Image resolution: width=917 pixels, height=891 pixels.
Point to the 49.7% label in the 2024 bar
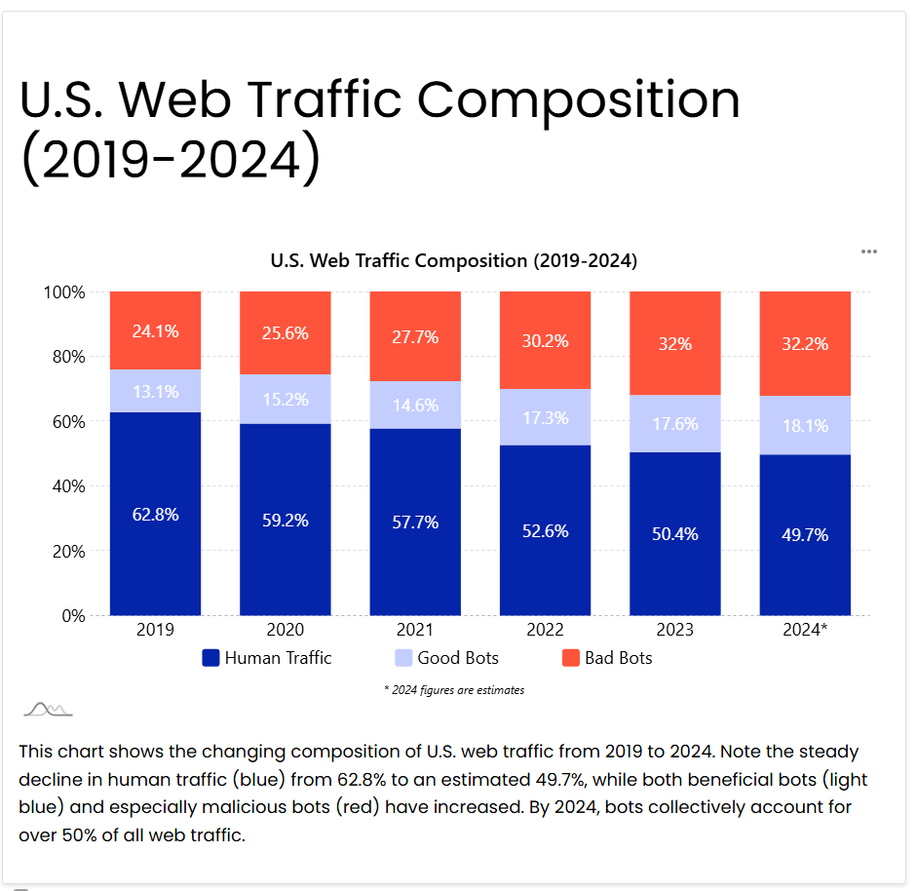click(805, 535)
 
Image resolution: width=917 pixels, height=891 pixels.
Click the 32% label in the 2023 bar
click(674, 344)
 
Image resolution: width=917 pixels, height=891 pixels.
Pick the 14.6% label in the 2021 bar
click(415, 405)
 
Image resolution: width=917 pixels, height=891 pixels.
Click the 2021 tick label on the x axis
click(415, 630)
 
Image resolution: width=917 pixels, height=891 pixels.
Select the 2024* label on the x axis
click(805, 630)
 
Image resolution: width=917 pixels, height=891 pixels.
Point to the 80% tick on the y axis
click(66, 357)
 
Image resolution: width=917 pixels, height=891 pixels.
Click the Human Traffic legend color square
click(210, 658)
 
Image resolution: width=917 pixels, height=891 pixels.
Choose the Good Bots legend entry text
click(458, 658)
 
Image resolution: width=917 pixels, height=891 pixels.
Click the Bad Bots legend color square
click(571, 658)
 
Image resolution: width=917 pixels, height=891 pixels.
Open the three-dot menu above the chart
click(869, 252)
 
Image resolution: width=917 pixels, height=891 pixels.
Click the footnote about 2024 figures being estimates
click(454, 690)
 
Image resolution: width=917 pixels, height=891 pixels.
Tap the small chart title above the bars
click(453, 261)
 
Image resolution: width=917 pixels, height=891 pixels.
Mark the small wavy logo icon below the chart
click(48, 709)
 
